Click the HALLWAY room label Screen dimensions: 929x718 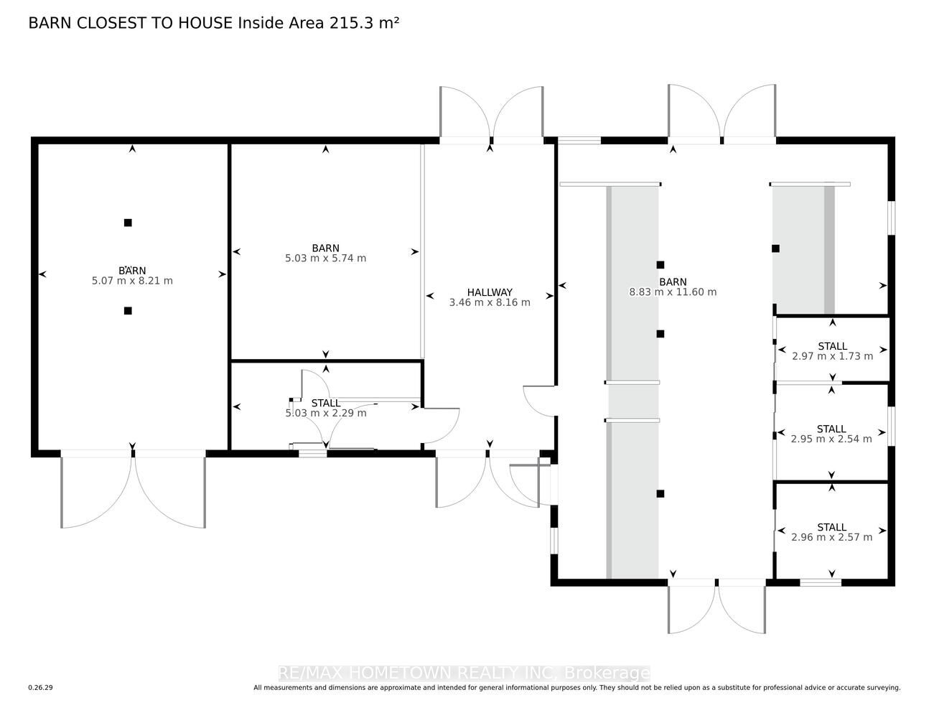click(x=490, y=292)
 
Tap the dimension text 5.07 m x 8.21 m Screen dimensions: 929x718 click(x=132, y=281)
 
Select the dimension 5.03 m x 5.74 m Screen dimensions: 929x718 click(x=325, y=258)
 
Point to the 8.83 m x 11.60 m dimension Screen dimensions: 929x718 click(x=673, y=292)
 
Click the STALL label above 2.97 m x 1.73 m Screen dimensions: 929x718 click(x=832, y=346)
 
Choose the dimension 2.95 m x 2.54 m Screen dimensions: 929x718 click(x=831, y=439)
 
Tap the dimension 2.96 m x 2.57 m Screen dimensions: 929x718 click(x=831, y=537)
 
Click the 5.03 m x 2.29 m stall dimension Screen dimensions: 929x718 click(x=326, y=413)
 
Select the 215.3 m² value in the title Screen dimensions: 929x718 click(x=364, y=23)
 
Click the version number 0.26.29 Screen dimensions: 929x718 click(x=41, y=688)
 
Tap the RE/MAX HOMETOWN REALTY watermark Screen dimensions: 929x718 click(x=464, y=673)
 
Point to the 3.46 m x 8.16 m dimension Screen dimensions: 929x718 click(x=490, y=302)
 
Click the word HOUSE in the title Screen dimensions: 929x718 click(x=205, y=23)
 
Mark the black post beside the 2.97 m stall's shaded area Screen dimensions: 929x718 click(x=775, y=248)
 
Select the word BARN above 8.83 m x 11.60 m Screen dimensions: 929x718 click(x=673, y=282)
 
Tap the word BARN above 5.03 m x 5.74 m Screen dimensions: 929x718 click(x=325, y=248)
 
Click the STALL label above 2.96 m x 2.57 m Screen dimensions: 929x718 click(x=832, y=528)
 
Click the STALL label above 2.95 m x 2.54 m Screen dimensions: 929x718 click(x=831, y=429)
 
